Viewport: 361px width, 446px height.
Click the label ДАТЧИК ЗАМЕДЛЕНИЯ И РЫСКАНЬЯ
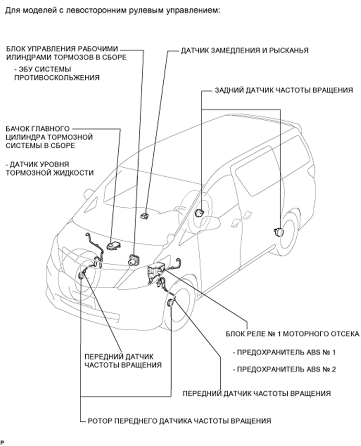244,51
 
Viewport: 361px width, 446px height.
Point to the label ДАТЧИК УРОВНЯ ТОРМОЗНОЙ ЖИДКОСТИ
49,168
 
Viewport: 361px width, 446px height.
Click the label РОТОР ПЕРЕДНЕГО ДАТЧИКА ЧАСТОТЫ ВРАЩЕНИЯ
180,420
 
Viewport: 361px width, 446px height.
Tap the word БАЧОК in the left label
19,128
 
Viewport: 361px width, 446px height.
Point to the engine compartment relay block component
156,271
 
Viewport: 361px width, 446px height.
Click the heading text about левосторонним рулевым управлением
109,10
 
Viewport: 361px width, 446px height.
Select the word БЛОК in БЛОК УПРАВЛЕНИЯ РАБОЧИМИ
15,48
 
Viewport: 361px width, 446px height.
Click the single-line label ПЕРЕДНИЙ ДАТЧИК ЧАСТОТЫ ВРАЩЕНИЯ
256,393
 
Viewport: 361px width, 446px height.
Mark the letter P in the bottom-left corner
2,442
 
